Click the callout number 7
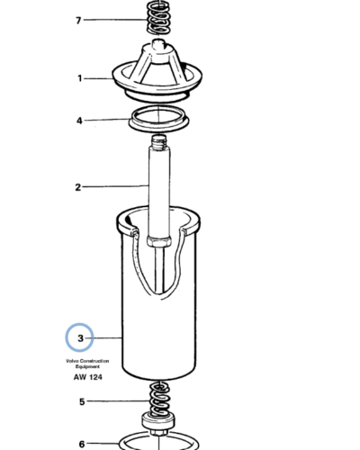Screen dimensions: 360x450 (x=78, y=21)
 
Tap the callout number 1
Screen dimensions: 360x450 (x=80, y=78)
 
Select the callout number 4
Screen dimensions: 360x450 (x=79, y=121)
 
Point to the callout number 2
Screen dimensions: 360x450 (x=78, y=187)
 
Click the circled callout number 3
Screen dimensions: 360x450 (x=80, y=338)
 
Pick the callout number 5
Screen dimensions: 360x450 (x=82, y=401)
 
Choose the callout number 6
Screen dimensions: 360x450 (x=82, y=444)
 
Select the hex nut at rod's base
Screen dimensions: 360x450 (x=159, y=241)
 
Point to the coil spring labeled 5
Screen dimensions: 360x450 (x=158, y=398)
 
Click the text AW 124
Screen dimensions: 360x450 (x=88, y=377)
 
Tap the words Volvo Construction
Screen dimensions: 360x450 (x=87, y=361)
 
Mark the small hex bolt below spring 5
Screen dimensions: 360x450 (x=158, y=434)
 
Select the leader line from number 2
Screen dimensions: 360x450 (x=115, y=186)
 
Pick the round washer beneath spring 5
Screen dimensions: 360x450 (x=158, y=421)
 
